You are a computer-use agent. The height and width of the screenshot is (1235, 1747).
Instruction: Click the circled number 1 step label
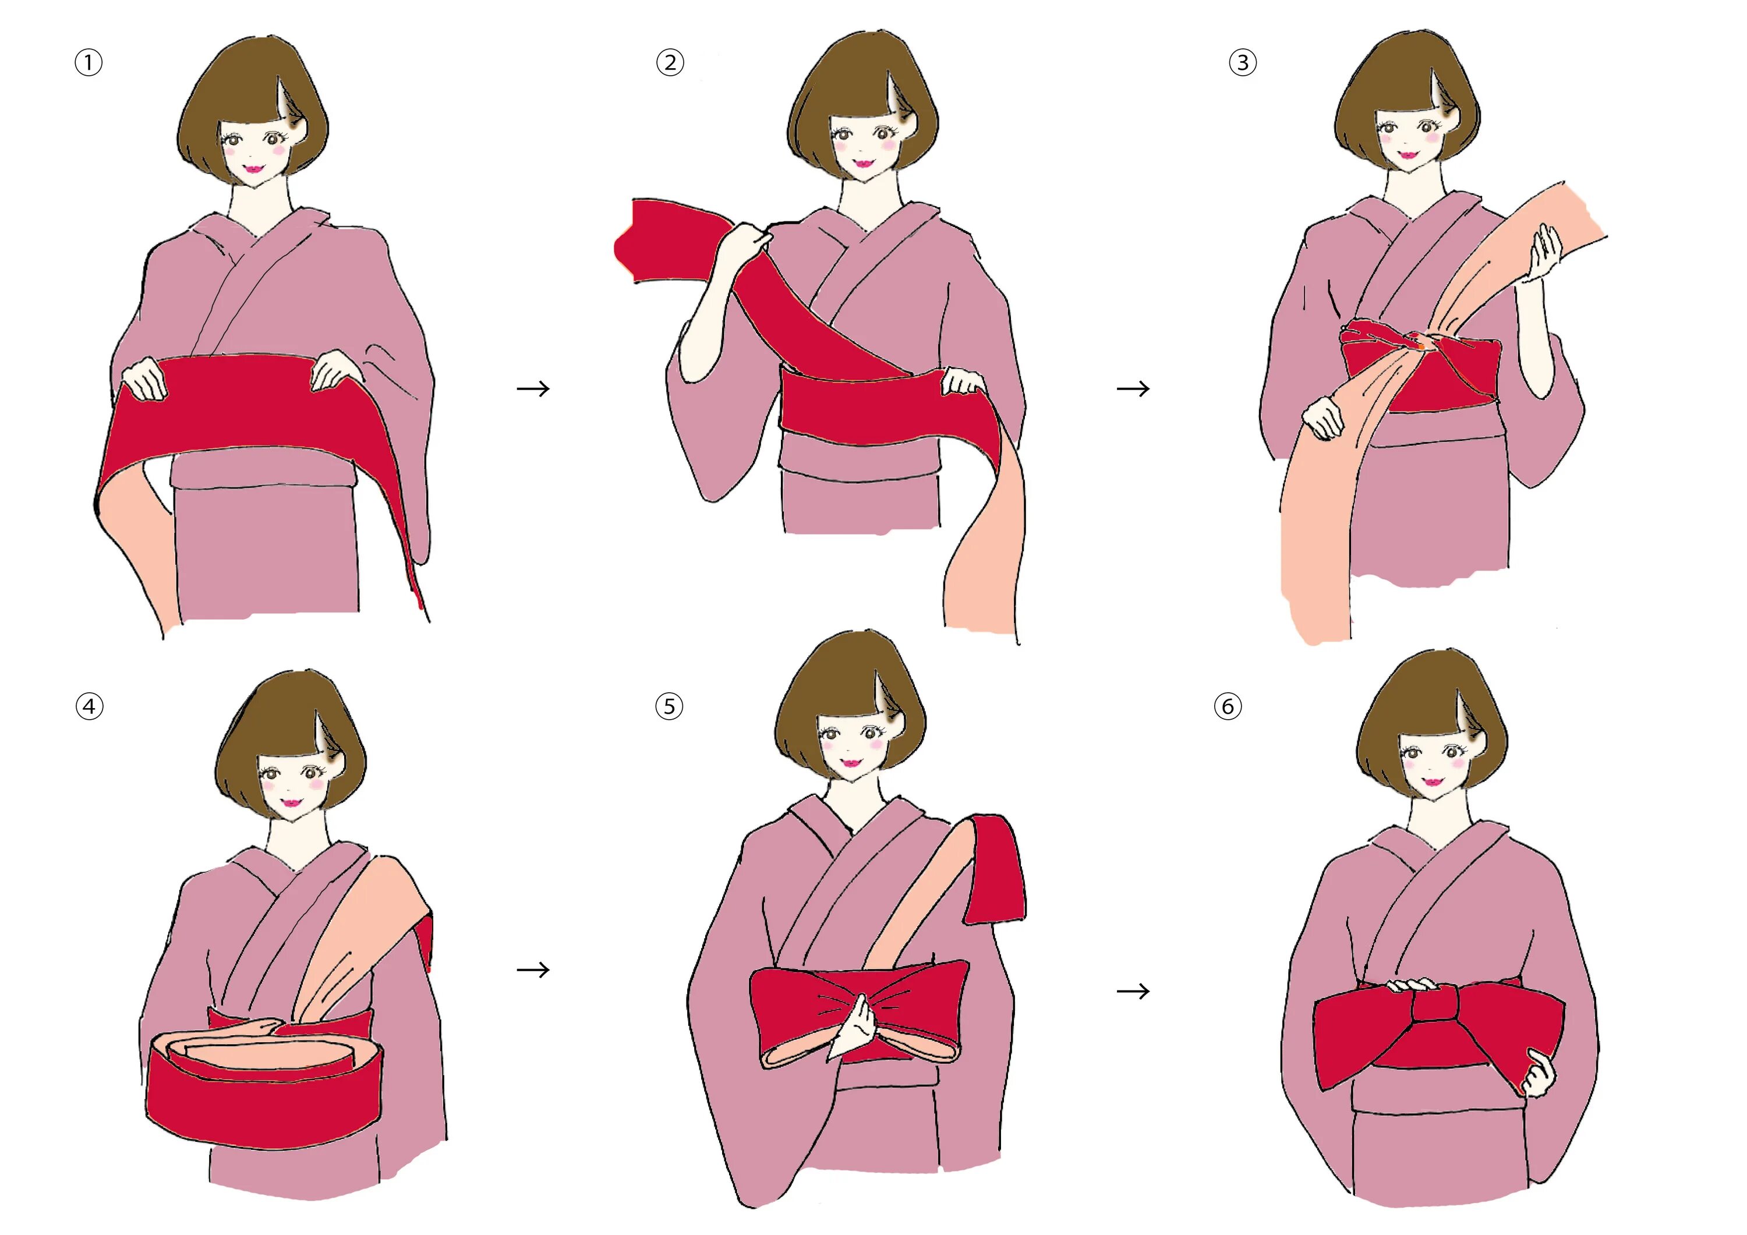click(x=89, y=62)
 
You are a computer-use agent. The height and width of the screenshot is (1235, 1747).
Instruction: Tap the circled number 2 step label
click(x=670, y=62)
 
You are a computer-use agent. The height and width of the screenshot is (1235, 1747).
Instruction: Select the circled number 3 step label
click(x=1243, y=62)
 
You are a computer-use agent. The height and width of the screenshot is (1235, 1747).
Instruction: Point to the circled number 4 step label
click(x=89, y=706)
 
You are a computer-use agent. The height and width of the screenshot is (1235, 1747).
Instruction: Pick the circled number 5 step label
click(x=669, y=706)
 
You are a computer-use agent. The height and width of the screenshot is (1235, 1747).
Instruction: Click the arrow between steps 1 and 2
click(x=533, y=389)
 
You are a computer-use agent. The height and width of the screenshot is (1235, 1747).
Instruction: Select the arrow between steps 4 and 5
click(x=533, y=969)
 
